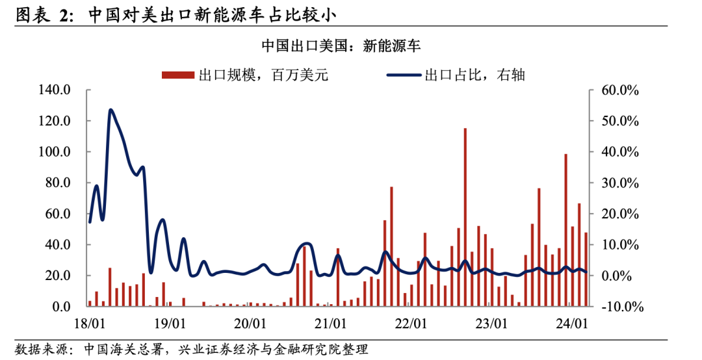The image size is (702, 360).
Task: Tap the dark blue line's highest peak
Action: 110,110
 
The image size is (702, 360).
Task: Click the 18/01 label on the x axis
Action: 89,322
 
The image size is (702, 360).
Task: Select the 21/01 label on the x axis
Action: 330,322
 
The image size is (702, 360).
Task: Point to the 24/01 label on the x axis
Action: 571,322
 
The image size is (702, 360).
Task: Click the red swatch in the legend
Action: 178,75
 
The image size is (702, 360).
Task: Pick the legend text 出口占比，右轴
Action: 474,75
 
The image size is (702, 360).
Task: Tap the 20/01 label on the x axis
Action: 250,322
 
